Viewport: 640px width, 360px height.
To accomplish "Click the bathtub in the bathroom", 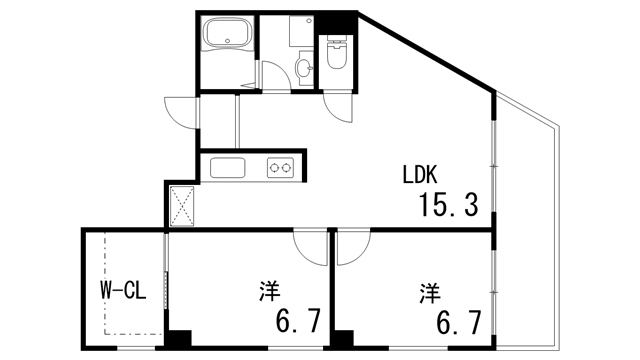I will coord(228,41).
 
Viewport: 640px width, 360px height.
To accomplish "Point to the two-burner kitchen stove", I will coord(279,168).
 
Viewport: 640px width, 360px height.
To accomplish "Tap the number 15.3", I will coord(448,205).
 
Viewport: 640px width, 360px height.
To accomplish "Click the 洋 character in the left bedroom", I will coord(269,292).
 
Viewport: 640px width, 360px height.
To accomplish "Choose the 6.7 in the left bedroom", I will coord(298,322).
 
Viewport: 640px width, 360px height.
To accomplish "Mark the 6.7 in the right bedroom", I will coord(458,322).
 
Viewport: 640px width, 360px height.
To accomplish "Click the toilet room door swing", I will coord(338,107).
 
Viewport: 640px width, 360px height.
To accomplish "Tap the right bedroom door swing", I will coord(352,247).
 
